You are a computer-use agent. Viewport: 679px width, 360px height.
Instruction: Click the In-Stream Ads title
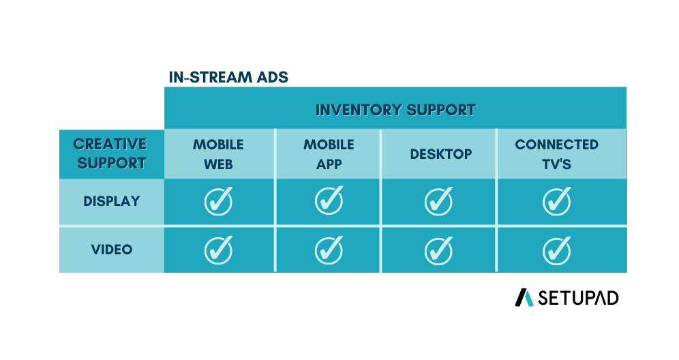(228, 77)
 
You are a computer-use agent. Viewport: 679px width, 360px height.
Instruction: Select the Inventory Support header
(395, 110)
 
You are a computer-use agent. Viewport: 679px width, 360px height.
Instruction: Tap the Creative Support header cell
(111, 154)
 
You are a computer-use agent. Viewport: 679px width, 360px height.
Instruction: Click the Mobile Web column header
(218, 154)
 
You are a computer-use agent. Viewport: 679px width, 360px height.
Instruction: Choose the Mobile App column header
(329, 154)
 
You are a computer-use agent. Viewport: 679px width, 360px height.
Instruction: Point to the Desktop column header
(441, 154)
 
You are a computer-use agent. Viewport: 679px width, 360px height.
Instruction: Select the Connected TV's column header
(556, 154)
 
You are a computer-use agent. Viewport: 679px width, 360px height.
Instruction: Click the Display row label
(111, 201)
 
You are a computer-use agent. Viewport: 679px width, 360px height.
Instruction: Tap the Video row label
(111, 250)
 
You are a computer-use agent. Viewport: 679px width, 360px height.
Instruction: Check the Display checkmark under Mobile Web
(218, 201)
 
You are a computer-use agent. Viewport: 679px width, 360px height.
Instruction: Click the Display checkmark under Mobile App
(329, 200)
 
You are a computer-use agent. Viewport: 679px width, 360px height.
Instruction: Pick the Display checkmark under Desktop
(438, 201)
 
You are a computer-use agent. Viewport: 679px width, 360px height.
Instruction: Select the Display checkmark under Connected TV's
(556, 201)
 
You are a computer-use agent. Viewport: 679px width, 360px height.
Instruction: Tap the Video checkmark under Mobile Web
(218, 250)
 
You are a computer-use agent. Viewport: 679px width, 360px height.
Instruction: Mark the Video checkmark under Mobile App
(329, 250)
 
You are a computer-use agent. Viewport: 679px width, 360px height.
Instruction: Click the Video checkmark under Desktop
(438, 251)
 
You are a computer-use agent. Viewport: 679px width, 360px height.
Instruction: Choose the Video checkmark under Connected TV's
(556, 251)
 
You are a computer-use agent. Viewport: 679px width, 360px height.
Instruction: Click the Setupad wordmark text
(578, 298)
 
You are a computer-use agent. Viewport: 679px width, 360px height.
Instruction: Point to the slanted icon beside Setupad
(524, 298)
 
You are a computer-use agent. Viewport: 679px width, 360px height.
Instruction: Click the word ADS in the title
(272, 77)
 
